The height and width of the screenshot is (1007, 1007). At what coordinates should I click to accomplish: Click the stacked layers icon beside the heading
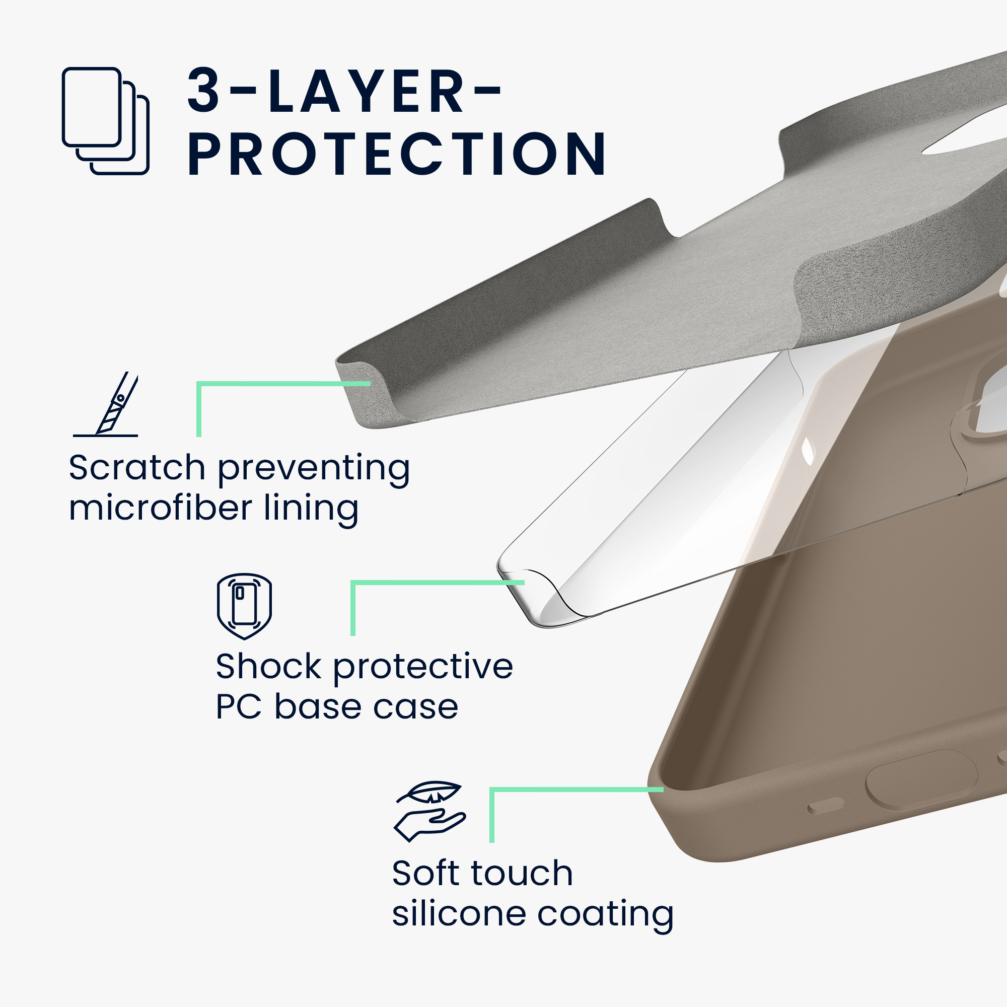tap(106, 121)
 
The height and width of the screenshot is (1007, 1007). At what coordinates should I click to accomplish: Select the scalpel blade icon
tap(106, 404)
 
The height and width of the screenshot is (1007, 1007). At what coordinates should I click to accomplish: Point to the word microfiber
tap(161, 508)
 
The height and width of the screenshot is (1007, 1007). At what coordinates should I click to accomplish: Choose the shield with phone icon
tap(245, 606)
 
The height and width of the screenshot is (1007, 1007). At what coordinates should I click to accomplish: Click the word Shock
tap(269, 666)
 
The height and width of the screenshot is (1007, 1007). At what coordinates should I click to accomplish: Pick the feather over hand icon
tap(430, 812)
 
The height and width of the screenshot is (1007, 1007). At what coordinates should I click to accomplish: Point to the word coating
tap(605, 915)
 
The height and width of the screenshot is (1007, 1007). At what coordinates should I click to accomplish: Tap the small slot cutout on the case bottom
tap(826, 805)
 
